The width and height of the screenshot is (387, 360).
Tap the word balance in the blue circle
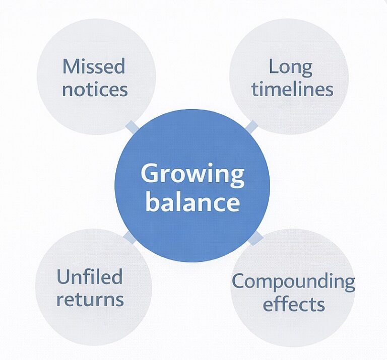click(x=192, y=202)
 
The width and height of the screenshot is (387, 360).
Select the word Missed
click(x=94, y=66)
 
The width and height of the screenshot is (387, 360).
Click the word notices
click(x=95, y=90)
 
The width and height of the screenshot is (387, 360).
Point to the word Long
click(x=290, y=66)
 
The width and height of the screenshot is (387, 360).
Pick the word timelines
click(x=292, y=90)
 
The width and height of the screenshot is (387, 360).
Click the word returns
click(x=90, y=300)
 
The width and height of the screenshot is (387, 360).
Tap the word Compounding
click(x=293, y=281)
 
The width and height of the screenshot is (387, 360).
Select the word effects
click(x=294, y=304)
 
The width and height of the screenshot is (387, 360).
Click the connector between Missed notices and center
click(x=132, y=126)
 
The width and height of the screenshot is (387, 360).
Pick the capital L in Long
click(x=273, y=66)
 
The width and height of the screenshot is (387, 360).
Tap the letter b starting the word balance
click(x=151, y=202)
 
